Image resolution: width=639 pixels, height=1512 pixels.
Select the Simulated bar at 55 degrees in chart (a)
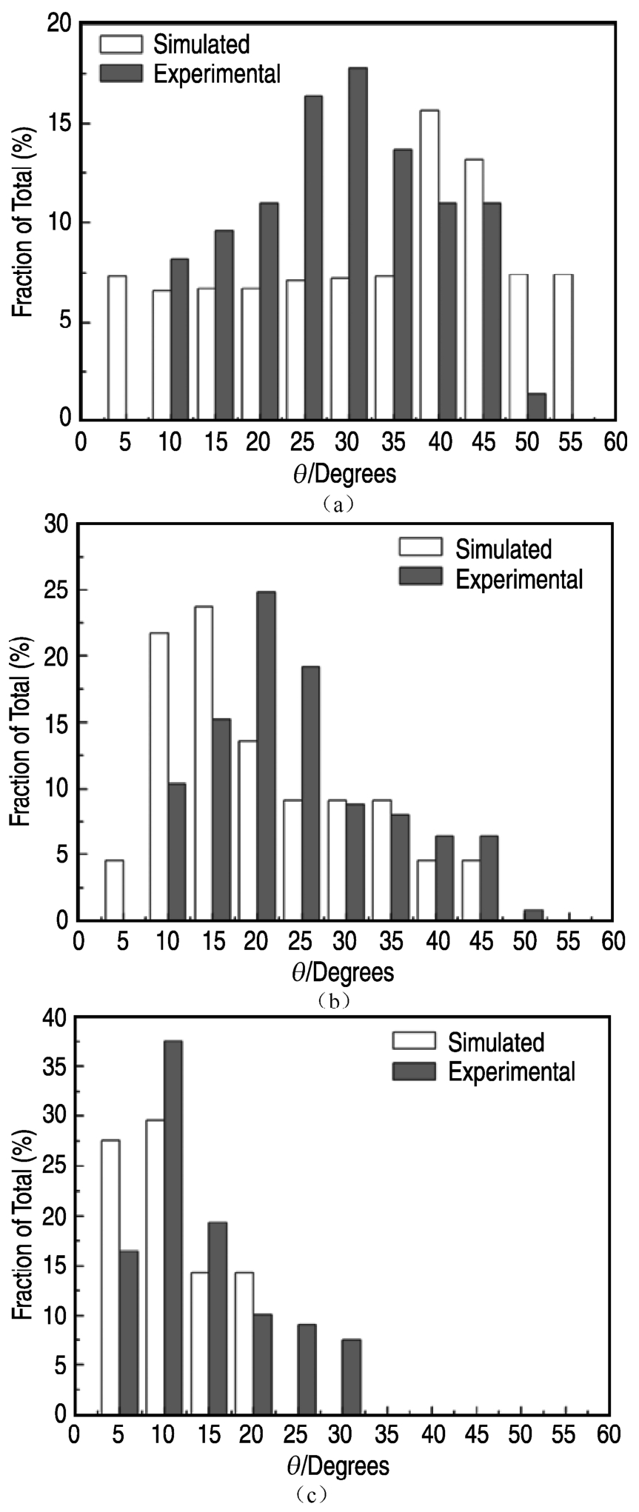pyautogui.click(x=563, y=347)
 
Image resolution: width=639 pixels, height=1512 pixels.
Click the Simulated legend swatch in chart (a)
pyautogui.click(x=121, y=44)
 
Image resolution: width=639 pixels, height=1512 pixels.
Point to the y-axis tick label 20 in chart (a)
pyautogui.click(x=61, y=24)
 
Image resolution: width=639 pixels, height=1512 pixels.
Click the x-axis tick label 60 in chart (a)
pyautogui.click(x=614, y=443)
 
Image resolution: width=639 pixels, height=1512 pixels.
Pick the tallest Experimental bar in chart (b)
pyautogui.click(x=266, y=755)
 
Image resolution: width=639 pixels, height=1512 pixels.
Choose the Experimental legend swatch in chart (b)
pyautogui.click(x=421, y=577)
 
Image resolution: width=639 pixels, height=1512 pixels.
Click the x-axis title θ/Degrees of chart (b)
pyautogui.click(x=343, y=971)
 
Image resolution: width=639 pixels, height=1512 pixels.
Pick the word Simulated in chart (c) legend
pyautogui.click(x=496, y=1042)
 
